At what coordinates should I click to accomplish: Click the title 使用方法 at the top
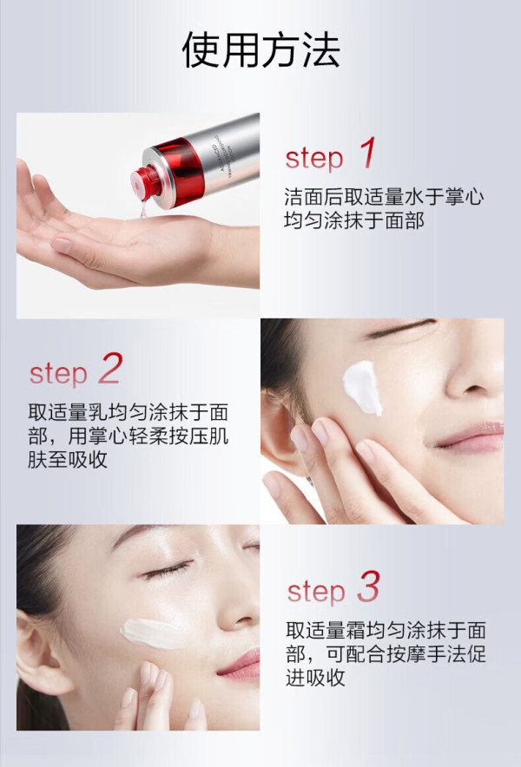pyautogui.click(x=261, y=50)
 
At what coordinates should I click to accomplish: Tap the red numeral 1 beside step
pyautogui.click(x=368, y=153)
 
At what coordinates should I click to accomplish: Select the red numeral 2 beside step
pyautogui.click(x=110, y=369)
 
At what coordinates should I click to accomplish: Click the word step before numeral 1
pyautogui.click(x=313, y=159)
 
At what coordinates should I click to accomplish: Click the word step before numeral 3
pyautogui.click(x=316, y=592)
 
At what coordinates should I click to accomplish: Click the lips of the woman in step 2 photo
pyautogui.click(x=470, y=436)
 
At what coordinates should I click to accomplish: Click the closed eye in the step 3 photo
pyautogui.click(x=167, y=570)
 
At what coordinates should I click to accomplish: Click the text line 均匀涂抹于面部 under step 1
pyautogui.click(x=354, y=220)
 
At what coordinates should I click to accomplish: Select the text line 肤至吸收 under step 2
pyautogui.click(x=68, y=459)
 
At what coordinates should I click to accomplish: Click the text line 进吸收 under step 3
pyautogui.click(x=316, y=678)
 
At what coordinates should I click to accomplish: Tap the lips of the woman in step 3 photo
pyautogui.click(x=240, y=665)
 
